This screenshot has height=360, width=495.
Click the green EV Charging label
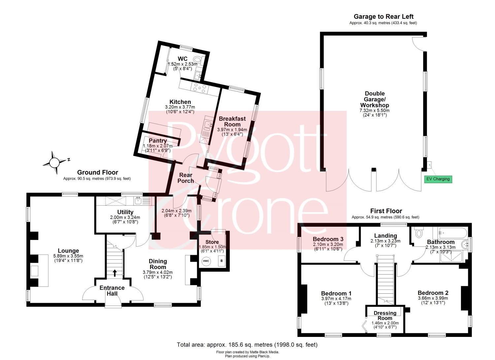pos(438,179)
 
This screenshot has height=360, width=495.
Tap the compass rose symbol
pos(54,163)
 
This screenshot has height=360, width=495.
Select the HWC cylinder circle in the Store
pos(206,261)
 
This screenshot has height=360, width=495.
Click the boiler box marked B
pos(221,261)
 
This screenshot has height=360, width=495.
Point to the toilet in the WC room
pos(197,59)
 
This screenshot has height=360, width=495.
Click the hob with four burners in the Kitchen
pos(200,88)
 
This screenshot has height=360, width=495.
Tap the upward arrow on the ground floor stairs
pos(115,273)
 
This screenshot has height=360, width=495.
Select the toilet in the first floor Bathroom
pos(418,233)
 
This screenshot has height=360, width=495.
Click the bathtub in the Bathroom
pos(453,233)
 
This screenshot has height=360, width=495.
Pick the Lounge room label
pos(68,250)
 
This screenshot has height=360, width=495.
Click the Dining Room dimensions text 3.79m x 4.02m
pos(157,272)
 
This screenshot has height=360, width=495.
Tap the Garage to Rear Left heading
pos(383,16)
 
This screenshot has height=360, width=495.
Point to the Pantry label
pos(157,141)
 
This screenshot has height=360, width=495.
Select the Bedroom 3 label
pos(328,239)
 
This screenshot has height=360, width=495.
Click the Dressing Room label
pos(385,315)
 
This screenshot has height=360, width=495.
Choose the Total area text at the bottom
pos(247,344)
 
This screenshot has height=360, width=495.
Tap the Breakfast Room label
pos(232,121)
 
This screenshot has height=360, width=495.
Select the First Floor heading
pos(386,211)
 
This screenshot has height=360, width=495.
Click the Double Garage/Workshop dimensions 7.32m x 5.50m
pos(375,111)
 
